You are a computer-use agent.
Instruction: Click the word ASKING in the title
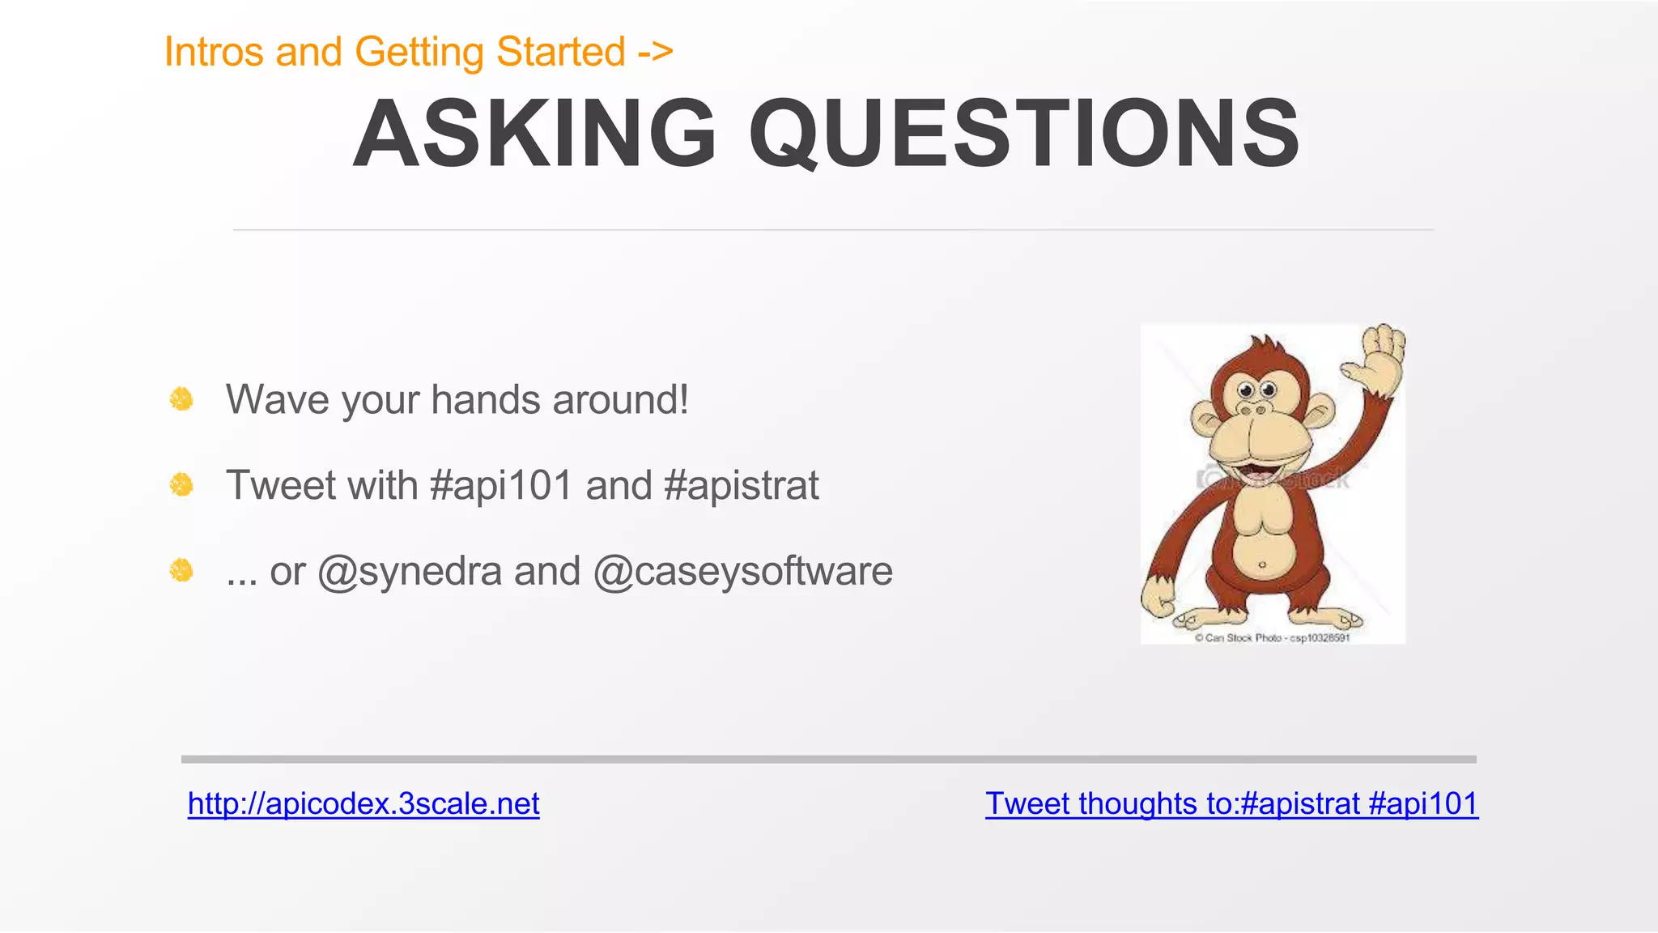point(534,134)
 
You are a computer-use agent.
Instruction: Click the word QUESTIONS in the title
point(1024,134)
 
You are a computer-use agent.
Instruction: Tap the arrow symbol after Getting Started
point(655,52)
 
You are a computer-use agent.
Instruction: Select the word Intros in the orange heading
point(214,52)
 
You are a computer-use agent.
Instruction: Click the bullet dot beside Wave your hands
point(181,399)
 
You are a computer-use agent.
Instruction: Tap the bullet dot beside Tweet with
point(181,485)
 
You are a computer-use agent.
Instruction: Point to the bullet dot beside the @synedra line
point(181,571)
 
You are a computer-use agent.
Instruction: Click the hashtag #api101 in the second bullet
point(502,486)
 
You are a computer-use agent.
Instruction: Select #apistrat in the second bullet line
point(741,486)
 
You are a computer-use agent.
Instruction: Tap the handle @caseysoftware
point(742,572)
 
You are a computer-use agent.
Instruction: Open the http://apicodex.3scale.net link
point(363,803)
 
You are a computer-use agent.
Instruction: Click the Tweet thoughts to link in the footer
point(1231,803)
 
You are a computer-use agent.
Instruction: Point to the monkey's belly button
point(1262,564)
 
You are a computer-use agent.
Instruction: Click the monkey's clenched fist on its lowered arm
point(1159,601)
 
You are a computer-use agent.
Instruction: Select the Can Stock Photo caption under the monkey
point(1272,638)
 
